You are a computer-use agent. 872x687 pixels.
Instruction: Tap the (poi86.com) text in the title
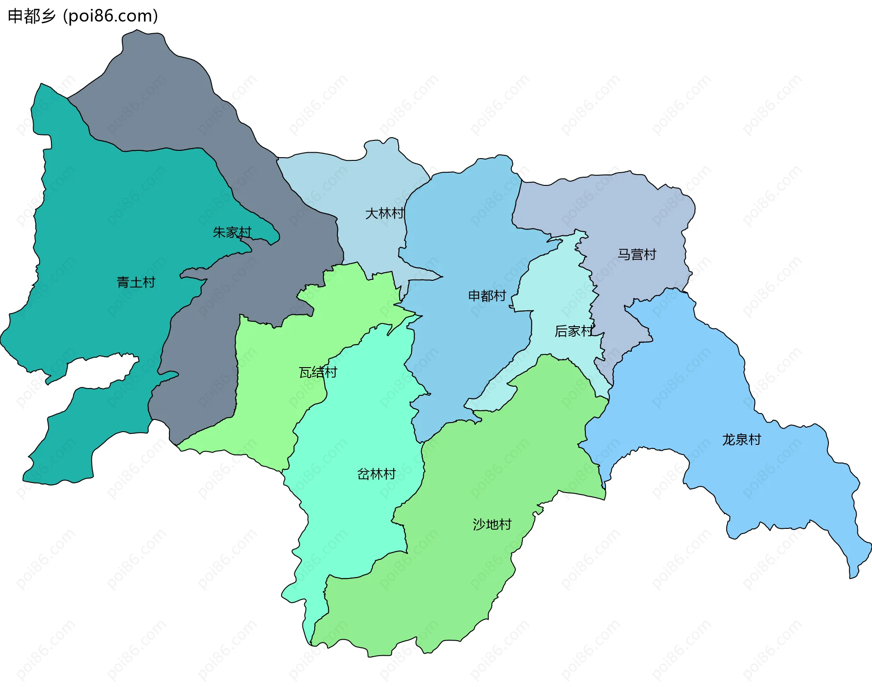pyautogui.click(x=110, y=16)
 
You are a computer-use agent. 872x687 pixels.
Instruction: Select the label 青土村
pyautogui.click(x=136, y=283)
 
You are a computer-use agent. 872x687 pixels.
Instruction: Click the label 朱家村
pyautogui.click(x=232, y=233)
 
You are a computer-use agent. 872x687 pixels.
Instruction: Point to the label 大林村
pyautogui.click(x=385, y=213)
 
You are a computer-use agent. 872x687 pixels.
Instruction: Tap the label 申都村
pyautogui.click(x=487, y=296)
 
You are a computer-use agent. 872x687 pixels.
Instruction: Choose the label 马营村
pyautogui.click(x=637, y=254)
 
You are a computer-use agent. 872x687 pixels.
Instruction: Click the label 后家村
pyautogui.click(x=574, y=331)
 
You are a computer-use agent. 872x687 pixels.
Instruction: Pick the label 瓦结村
pyautogui.click(x=318, y=373)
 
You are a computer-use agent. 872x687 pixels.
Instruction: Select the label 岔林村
pyautogui.click(x=377, y=474)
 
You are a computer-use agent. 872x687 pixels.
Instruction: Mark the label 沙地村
pyautogui.click(x=492, y=524)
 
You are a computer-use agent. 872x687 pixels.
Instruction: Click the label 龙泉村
pyautogui.click(x=742, y=440)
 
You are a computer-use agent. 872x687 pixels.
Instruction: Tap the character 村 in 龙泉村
pyautogui.click(x=755, y=440)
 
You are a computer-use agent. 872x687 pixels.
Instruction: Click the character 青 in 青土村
pyautogui.click(x=123, y=283)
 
